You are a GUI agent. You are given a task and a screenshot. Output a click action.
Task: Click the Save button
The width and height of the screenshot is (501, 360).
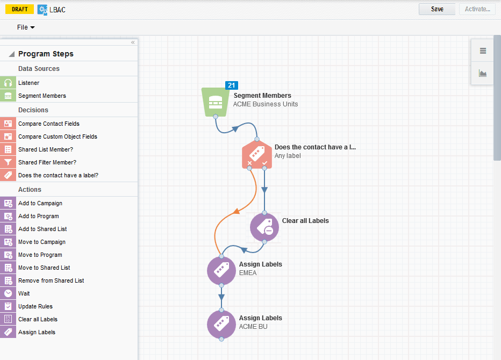coord(437,9)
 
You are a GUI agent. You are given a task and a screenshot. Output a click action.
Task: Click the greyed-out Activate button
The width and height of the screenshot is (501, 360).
coord(477,9)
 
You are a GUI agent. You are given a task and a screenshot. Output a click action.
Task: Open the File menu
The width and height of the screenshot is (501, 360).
coord(25,27)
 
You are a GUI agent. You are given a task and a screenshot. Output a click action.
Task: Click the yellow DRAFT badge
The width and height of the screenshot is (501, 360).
coord(20,9)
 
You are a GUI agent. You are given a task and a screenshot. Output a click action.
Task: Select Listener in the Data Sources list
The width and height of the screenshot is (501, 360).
coord(28,83)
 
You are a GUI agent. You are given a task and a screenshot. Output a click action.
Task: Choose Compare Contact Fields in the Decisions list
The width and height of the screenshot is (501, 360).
coord(48,124)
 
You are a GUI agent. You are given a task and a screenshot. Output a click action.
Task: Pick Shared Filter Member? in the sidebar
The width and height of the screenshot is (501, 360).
coord(47,162)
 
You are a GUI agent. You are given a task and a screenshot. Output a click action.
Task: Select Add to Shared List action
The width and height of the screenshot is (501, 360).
coord(42,229)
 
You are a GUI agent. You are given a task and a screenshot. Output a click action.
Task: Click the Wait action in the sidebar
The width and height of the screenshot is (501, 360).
coord(24,293)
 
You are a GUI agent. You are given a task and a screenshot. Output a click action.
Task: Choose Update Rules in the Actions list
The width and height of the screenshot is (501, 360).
coord(35,306)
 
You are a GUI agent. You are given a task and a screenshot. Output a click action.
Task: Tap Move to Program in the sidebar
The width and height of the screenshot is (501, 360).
coord(40,255)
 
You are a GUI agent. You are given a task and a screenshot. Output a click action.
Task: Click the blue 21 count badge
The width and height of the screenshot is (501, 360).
coord(232,85)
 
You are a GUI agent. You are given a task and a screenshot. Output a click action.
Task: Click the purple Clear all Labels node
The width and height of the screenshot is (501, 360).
coord(264,227)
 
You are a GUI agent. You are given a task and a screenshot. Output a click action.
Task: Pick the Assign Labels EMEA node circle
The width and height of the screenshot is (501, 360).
coord(221,270)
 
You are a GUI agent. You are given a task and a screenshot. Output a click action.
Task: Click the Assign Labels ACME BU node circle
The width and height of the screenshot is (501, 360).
coord(221,324)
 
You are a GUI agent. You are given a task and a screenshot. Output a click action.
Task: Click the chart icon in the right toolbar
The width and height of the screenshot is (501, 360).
coord(483,73)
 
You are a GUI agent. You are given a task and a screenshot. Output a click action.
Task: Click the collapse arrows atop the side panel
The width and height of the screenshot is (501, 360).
coord(133,42)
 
